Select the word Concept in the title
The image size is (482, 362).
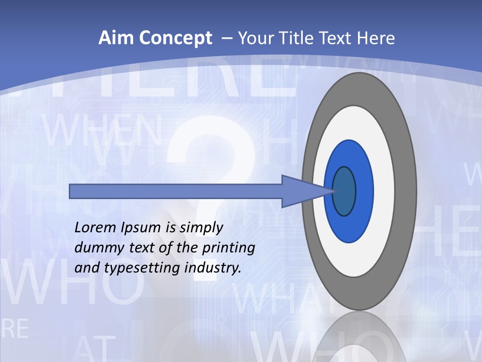pos(175,38)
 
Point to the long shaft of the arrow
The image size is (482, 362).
pos(176,191)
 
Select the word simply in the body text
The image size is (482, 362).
pos(201,228)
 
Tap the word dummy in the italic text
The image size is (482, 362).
pos(95,247)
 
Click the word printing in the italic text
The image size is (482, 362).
pos(228,248)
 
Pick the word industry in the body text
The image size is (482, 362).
pos(213,268)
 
